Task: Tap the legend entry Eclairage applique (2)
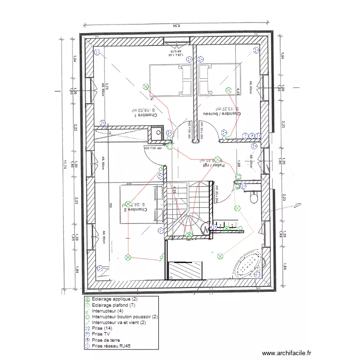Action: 111,299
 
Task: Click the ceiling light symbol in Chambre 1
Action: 146,86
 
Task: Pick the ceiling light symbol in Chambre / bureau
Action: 229,89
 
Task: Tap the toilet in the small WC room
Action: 254,195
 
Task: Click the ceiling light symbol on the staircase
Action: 190,235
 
